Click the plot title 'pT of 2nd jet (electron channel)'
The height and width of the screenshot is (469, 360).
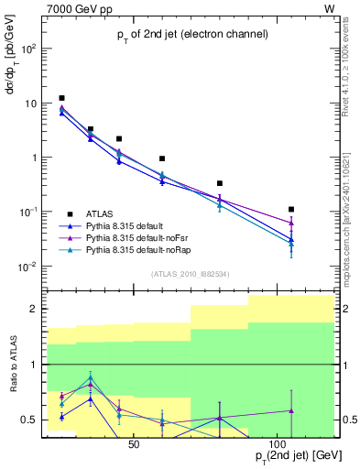pos(191,36)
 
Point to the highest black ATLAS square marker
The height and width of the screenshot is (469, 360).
pos(61,98)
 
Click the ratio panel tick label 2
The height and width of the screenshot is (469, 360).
pos(36,310)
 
